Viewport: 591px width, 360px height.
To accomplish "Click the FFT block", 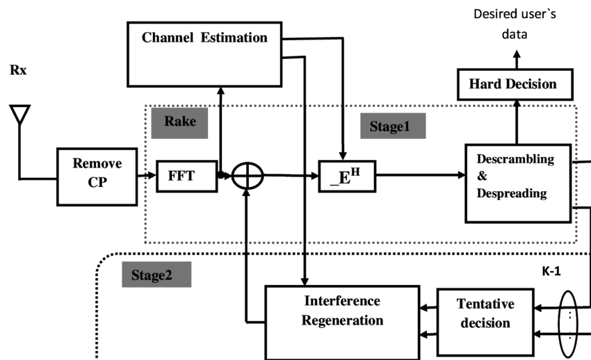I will pos(186,176).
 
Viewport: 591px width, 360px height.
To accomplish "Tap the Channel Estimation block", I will pos(204,53).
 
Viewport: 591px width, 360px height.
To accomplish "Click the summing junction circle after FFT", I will pos(248,176).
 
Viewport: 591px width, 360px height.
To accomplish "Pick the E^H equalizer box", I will pos(346,176).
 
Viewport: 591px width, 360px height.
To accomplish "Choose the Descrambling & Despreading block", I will pos(517,183).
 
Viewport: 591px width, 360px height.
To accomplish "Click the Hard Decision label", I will pos(513,84).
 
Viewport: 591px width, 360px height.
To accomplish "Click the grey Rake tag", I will pos(180,122).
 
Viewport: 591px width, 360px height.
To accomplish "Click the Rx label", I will pos(18,70).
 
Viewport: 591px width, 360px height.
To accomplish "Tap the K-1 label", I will pos(551,272).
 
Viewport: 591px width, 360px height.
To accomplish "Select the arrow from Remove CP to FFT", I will pos(147,176).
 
